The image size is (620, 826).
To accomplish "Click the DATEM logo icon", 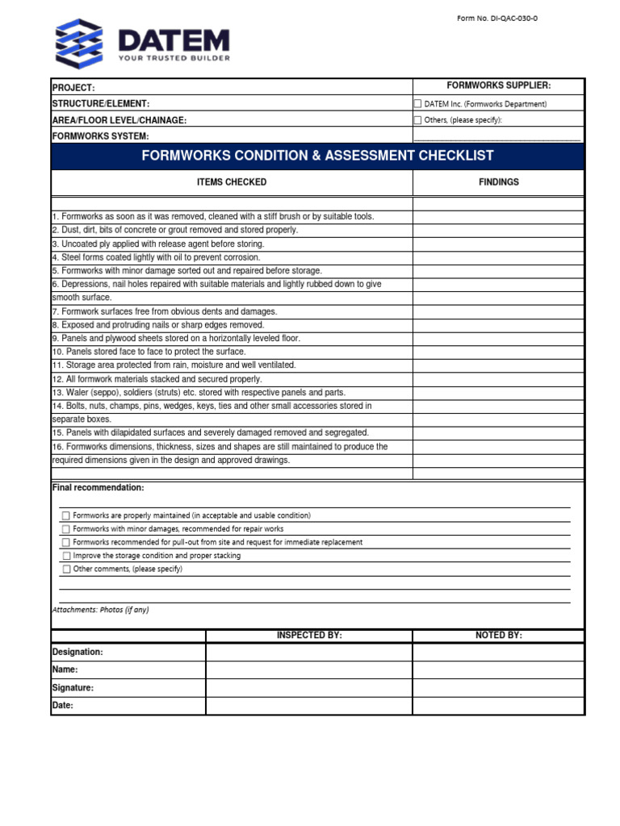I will click(x=78, y=44).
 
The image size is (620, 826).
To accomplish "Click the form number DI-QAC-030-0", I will click(x=496, y=19).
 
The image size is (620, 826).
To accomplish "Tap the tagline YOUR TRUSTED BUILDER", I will click(x=174, y=58).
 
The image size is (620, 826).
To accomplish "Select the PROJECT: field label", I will click(x=73, y=88).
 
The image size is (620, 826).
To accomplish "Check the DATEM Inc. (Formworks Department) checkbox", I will click(x=417, y=104).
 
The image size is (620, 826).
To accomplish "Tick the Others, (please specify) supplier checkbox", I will click(x=417, y=120).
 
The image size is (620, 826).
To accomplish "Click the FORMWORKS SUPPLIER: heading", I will click(x=498, y=86).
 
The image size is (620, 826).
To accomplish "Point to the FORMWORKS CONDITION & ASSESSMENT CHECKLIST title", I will click(x=317, y=156).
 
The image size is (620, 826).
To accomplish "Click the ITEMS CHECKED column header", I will click(x=232, y=182).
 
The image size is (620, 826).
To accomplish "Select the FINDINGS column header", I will click(x=498, y=182).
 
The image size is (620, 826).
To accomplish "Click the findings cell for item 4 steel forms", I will click(x=498, y=257).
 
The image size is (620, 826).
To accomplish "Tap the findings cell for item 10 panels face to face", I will click(x=498, y=352).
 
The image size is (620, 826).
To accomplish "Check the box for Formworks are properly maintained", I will click(x=66, y=515).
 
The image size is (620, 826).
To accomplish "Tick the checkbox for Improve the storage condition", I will click(x=66, y=556).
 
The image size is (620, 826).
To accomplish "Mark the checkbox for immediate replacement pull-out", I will click(x=66, y=543).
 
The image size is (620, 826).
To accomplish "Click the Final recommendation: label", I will click(x=98, y=488).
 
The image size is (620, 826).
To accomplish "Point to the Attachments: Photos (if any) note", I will click(x=101, y=610).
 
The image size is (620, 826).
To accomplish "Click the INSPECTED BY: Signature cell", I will click(x=309, y=688).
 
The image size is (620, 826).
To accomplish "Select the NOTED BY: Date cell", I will click(x=498, y=706).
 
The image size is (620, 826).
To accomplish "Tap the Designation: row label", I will click(x=77, y=652).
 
